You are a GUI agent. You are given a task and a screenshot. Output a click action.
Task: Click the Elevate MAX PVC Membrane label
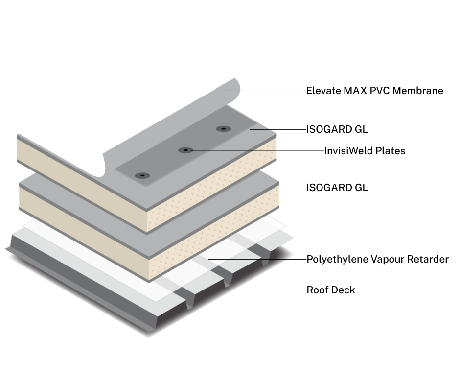pyautogui.click(x=374, y=91)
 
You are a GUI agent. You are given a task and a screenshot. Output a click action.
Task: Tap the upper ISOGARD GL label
pyautogui.click(x=337, y=130)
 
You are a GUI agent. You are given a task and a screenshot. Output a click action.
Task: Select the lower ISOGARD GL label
pyautogui.click(x=337, y=188)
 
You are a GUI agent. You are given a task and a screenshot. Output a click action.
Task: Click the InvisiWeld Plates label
pyautogui.click(x=365, y=151)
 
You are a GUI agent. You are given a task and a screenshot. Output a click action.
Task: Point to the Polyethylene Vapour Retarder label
pyautogui.click(x=377, y=259)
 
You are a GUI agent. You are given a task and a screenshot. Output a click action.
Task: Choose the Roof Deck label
pyautogui.click(x=330, y=290)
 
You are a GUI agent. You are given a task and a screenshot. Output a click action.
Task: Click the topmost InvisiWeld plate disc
pyautogui.click(x=223, y=129)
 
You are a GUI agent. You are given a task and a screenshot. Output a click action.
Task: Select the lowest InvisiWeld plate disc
pyautogui.click(x=142, y=175)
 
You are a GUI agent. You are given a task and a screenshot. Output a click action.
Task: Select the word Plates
pyautogui.click(x=390, y=151)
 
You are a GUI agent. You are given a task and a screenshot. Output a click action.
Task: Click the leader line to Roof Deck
pyautogui.click(x=250, y=290)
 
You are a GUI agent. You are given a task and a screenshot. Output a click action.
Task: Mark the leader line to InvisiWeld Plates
pyautogui.click(x=254, y=150)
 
